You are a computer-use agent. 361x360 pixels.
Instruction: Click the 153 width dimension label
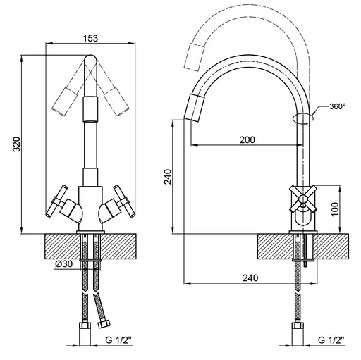pyautogui.click(x=90, y=38)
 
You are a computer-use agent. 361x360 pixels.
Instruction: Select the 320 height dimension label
pyautogui.click(x=16, y=144)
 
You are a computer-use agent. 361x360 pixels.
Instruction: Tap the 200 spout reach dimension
pyautogui.click(x=247, y=140)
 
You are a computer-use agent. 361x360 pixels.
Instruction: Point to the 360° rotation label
pyautogui.click(x=337, y=106)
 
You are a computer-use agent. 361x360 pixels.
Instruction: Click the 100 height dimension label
pyautogui.click(x=335, y=209)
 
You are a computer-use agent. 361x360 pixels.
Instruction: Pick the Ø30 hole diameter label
pyautogui.click(x=64, y=264)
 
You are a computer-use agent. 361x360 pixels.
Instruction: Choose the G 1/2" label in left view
pyautogui.click(x=118, y=340)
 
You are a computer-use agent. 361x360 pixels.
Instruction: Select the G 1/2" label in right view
pyautogui.click(x=331, y=340)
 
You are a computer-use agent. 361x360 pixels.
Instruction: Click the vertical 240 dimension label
pyautogui.click(x=168, y=176)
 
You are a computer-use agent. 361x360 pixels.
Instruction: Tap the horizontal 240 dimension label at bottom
pyautogui.click(x=250, y=278)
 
